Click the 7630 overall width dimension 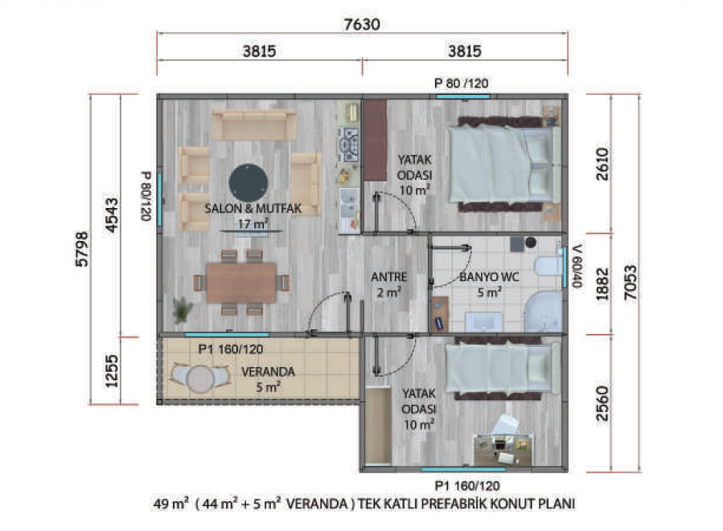[362, 24]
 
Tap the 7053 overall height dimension [631, 282]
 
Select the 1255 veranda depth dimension [112, 370]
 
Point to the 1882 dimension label [602, 284]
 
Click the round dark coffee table [249, 183]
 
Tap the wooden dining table [241, 282]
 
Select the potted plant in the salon [183, 309]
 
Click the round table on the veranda [200, 378]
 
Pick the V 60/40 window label [577, 266]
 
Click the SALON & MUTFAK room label [253, 209]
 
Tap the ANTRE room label [388, 277]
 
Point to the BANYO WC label [489, 277]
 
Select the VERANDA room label [268, 372]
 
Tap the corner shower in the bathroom [544, 312]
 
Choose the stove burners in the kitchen [349, 145]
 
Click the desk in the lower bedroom [503, 450]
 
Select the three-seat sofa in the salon [254, 125]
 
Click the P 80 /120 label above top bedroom [461, 84]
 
